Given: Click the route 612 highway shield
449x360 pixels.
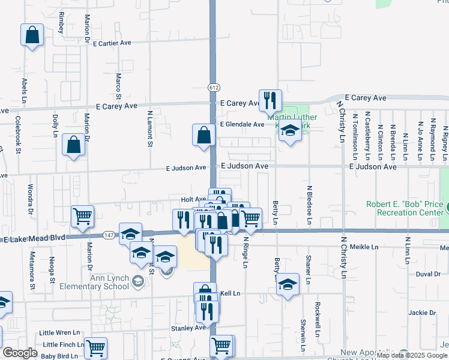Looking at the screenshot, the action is [213, 88].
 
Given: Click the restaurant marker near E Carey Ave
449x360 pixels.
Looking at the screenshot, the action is [270, 100].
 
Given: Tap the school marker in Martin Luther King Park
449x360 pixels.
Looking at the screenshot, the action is [291, 131].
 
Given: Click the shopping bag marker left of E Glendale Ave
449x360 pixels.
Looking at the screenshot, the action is [203, 135].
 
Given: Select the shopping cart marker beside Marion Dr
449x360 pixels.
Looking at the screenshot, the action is [82, 217].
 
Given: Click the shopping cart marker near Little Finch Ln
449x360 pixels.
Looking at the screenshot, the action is [95, 347].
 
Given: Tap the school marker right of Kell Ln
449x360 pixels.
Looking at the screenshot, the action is [288, 284].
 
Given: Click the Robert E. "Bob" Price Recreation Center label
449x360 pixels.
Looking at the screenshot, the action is [405, 209].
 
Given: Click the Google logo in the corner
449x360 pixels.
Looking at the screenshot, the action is [19, 353].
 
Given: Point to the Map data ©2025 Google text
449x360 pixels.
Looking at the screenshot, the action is [412, 355].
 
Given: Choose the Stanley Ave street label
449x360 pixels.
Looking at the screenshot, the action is [188, 328].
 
